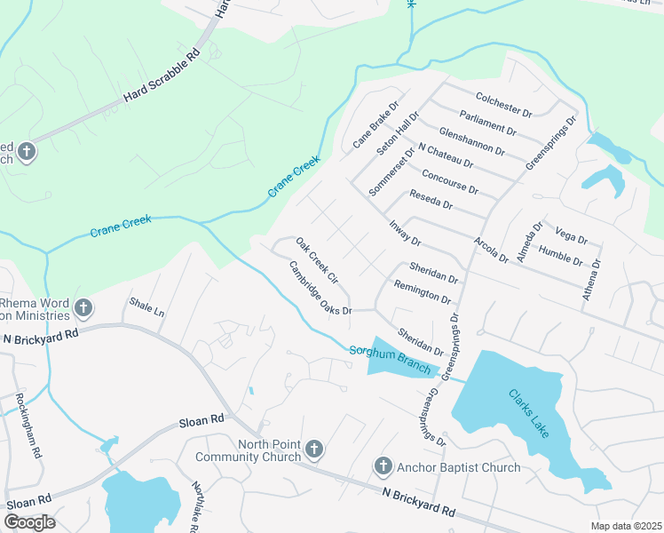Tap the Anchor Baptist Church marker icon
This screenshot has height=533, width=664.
(x=383, y=466)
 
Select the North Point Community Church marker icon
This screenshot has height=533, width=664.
(x=313, y=450)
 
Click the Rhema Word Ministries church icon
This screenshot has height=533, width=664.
(x=83, y=308)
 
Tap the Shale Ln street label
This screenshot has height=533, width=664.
(x=147, y=307)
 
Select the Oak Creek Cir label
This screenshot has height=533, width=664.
(x=318, y=261)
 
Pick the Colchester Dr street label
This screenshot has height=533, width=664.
(x=503, y=105)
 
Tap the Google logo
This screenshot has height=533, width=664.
(x=29, y=521)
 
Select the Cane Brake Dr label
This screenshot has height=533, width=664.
(x=372, y=130)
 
